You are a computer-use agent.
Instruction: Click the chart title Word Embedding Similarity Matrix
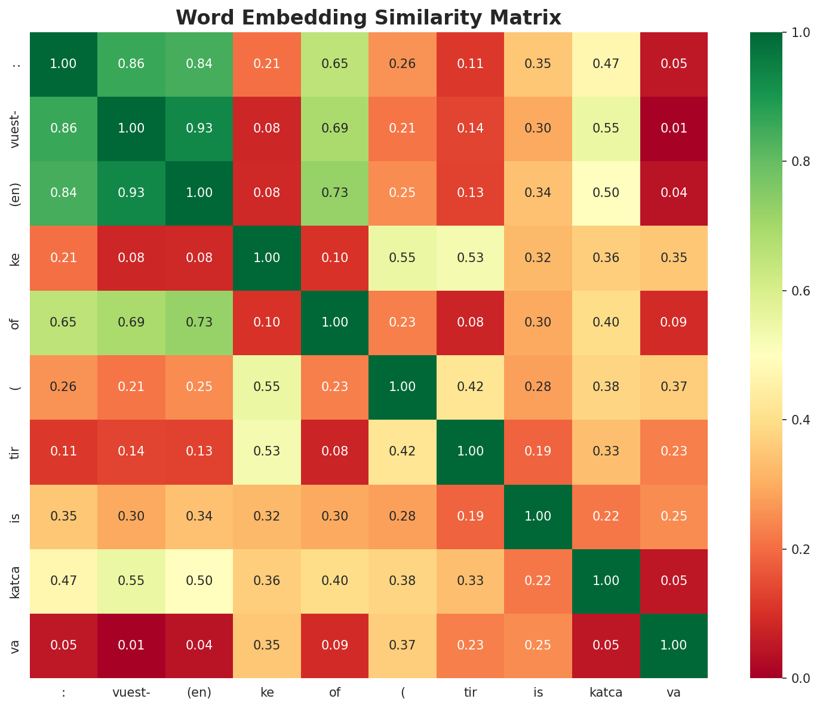368,18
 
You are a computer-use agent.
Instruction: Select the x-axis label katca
606,693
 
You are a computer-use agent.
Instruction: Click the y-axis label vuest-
16,128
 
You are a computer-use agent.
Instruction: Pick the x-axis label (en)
199,693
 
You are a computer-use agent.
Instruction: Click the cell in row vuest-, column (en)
199,128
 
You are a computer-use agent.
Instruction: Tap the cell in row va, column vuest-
131,645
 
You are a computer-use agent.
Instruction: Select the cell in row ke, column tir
470,258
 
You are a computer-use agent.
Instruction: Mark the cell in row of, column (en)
199,322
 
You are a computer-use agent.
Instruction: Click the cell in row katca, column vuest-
131,581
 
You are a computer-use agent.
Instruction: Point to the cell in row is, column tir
470,516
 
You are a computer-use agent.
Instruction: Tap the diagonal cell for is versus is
538,516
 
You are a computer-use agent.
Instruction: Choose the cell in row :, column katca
606,64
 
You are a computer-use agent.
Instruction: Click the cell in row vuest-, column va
674,128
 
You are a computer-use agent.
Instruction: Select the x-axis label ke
267,693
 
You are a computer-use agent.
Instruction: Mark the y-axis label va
16,645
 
